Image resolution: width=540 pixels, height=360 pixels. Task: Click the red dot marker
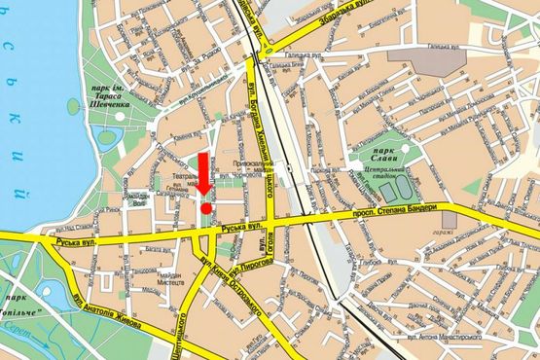point(206,207)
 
